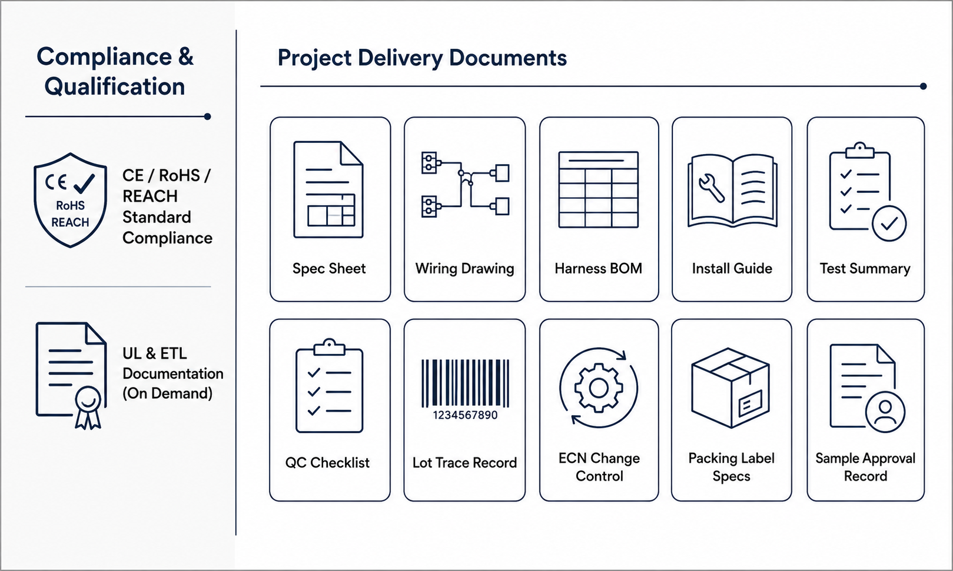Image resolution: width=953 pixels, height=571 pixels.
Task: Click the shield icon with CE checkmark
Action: pos(70,200)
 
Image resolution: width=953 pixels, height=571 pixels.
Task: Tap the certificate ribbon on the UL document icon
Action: pos(88,408)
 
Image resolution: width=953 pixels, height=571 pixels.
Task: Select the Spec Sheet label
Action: pos(329,268)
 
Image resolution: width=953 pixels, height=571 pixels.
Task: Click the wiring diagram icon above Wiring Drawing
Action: pos(466,185)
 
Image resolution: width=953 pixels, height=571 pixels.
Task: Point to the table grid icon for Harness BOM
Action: pos(598,189)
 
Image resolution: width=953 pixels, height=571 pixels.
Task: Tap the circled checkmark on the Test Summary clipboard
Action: pos(889,223)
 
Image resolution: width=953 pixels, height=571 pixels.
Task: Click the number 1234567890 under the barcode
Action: pos(465,415)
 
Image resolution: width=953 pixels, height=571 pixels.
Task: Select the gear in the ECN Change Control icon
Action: pos(599,388)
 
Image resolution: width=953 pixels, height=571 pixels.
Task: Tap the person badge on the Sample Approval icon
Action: pos(885,412)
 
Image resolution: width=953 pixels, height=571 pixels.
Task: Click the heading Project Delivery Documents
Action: pos(422,58)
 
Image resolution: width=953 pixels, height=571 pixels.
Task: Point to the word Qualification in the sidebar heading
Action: pos(115,87)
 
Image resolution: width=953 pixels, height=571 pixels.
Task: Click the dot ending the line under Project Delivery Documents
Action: pos(923,86)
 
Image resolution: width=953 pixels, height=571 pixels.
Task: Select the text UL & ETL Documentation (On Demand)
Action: pos(172,373)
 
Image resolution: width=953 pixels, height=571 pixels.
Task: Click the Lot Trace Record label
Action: pos(464,463)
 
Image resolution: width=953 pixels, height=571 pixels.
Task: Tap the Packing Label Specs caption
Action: pos(731,467)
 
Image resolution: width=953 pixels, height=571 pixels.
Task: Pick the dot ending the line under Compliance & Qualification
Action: pos(208,116)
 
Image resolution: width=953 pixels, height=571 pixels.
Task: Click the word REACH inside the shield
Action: pos(70,222)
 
